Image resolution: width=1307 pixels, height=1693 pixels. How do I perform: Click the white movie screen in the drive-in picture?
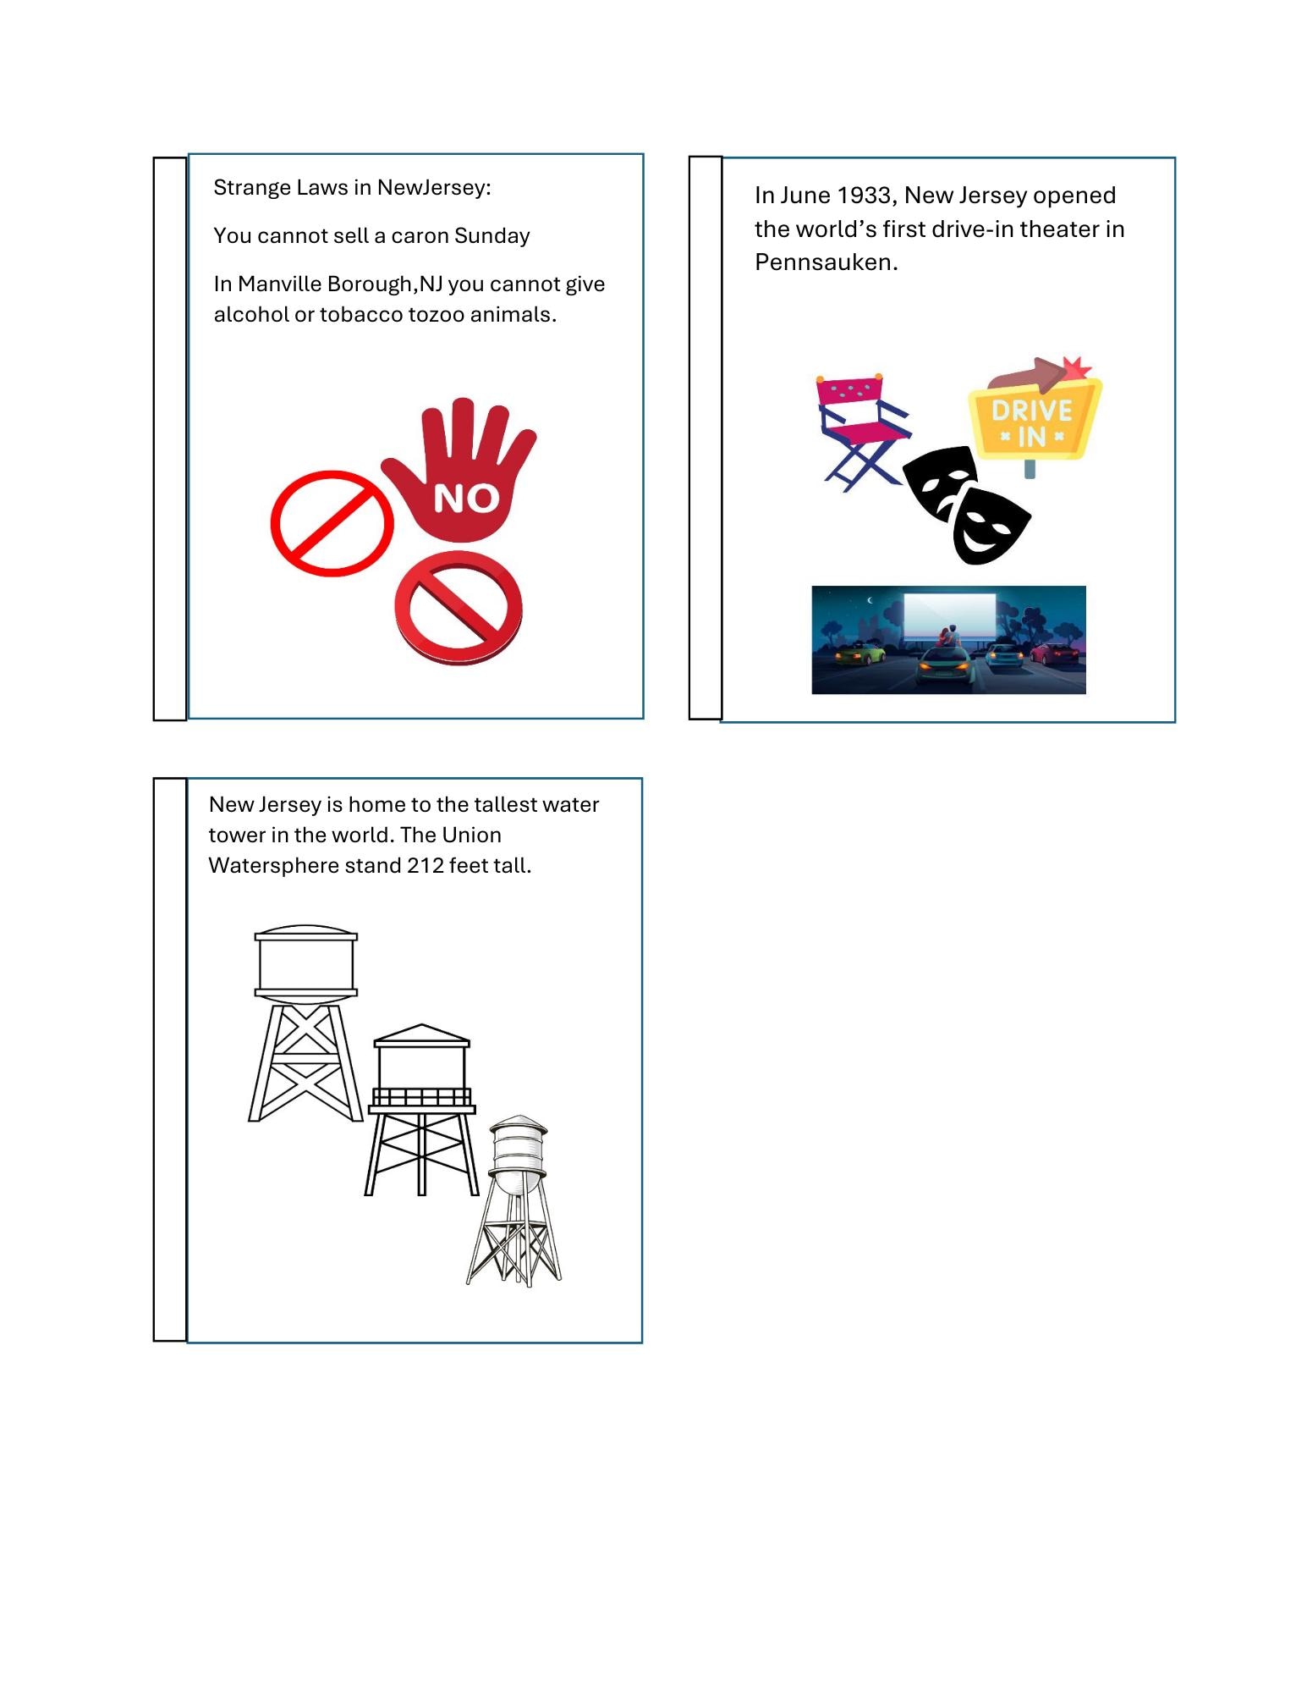tap(949, 617)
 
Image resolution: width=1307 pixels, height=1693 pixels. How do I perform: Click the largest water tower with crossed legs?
tap(305, 1023)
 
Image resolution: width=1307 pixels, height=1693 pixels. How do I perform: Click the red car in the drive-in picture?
tap(1053, 653)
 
